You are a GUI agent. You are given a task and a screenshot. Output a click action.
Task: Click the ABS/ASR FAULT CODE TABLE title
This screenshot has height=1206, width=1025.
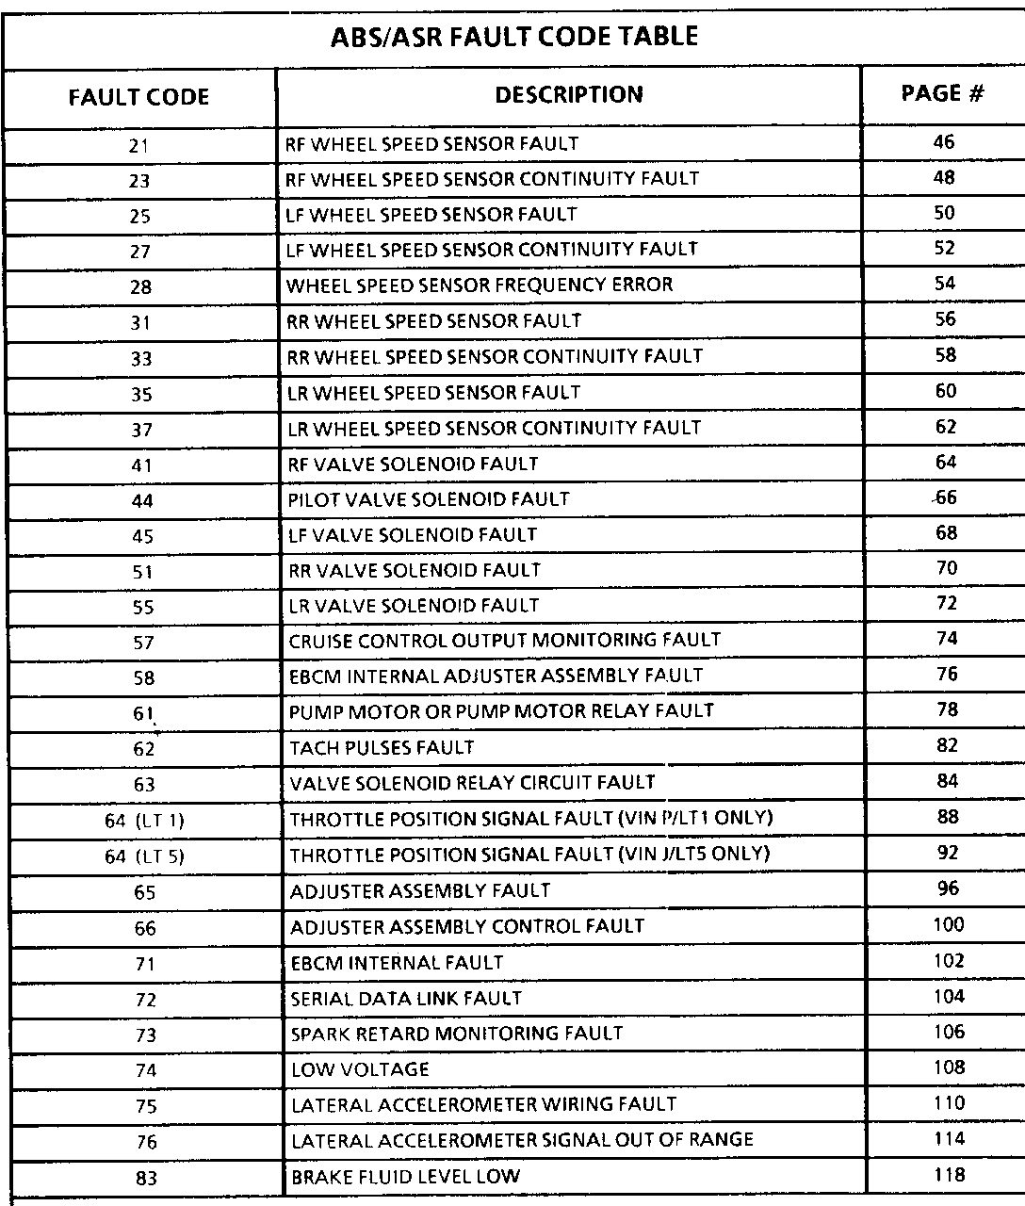[515, 38]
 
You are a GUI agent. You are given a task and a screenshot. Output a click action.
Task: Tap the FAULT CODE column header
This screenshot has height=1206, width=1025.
[138, 97]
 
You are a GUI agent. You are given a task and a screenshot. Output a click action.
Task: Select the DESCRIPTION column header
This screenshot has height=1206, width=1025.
[569, 95]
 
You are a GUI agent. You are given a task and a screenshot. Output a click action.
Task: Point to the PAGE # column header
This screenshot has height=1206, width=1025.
[943, 94]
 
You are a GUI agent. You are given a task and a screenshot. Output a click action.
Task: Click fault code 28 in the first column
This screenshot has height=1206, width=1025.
[140, 287]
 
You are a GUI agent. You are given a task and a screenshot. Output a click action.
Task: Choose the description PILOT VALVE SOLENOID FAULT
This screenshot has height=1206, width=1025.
[429, 498]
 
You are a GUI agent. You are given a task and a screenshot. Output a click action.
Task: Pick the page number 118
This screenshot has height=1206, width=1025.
[949, 1175]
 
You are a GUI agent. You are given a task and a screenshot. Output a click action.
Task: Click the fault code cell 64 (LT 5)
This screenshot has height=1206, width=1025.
[144, 856]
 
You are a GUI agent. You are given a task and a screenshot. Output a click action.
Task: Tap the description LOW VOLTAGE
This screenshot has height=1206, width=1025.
[360, 1069]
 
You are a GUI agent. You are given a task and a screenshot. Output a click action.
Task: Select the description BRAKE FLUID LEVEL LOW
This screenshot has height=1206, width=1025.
[406, 1177]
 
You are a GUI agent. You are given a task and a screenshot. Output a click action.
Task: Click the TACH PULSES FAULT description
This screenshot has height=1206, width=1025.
[382, 748]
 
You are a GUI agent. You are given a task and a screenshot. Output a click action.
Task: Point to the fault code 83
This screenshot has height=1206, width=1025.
[146, 1178]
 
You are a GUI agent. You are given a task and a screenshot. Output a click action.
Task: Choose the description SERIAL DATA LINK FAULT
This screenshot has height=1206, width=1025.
[406, 998]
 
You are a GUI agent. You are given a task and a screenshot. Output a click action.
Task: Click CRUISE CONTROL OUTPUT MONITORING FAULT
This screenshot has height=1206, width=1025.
[505, 641]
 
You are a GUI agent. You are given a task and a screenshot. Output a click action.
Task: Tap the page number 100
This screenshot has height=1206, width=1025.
[949, 925]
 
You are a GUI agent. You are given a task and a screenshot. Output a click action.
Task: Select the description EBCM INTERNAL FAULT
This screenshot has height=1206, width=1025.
[397, 963]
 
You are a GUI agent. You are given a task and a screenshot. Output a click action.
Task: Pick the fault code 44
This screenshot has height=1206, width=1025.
[142, 501]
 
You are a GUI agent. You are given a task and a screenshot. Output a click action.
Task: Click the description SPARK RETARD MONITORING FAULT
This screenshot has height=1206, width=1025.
[457, 1034]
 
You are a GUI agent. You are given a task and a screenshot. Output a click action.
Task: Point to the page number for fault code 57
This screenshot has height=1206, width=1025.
[947, 639]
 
